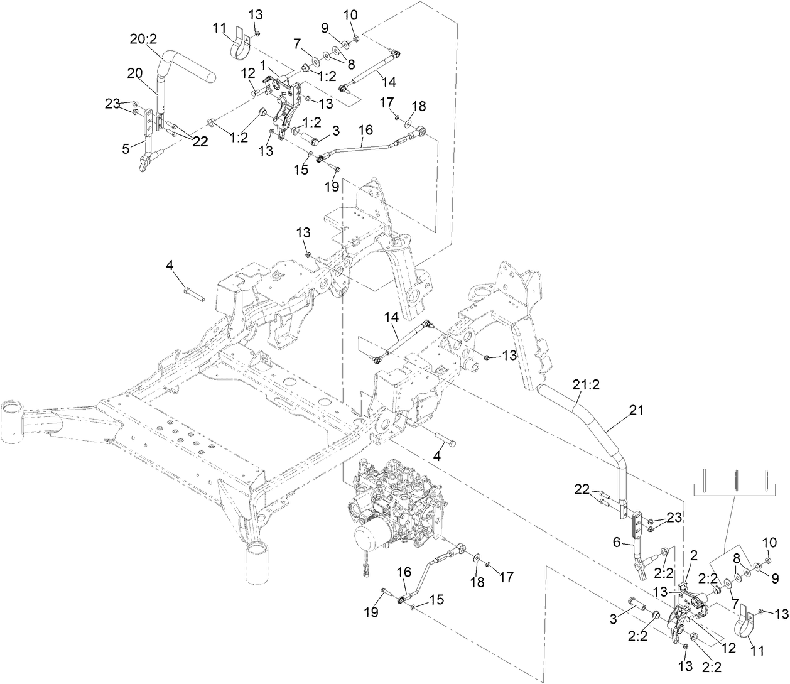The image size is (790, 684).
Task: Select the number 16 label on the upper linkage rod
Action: [365, 129]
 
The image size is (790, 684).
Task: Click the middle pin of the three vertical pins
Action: [735, 482]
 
